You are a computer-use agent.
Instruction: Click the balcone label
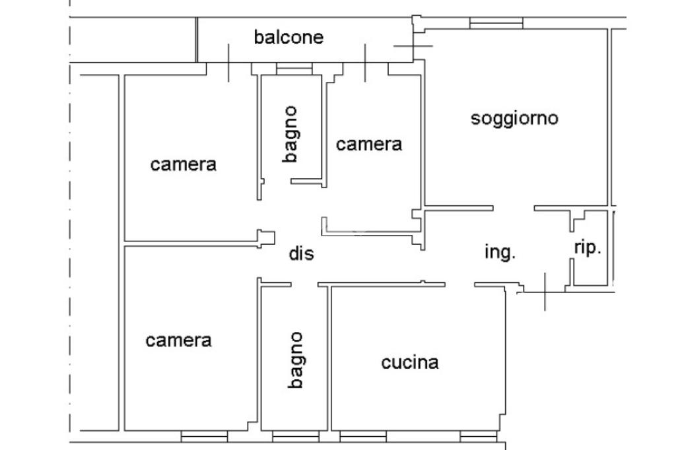point(288,37)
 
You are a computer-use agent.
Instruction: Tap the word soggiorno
point(514,119)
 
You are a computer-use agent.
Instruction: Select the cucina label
point(410,362)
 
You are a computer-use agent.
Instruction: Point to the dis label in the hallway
point(301,253)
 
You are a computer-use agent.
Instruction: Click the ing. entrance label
point(500,252)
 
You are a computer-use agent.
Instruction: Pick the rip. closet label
point(587,248)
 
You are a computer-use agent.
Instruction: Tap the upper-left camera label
point(183,164)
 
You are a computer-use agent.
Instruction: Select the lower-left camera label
point(178,340)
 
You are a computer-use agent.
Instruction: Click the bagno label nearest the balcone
point(290,134)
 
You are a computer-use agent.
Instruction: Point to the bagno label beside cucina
point(296,360)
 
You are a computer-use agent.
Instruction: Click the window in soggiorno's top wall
point(496,23)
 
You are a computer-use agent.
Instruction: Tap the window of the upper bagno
point(294,69)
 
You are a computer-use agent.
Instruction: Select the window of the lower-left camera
point(204,436)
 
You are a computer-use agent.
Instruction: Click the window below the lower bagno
point(295,436)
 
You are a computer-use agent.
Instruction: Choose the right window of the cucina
point(478,436)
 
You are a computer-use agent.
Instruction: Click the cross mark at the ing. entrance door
point(545,290)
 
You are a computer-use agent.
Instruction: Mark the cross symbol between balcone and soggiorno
point(413,46)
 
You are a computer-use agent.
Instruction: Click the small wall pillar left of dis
point(265,238)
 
